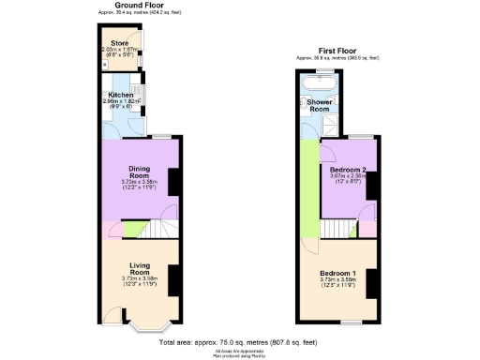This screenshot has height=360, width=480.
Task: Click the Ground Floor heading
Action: pos(136,5)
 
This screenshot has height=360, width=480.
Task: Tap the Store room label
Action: pos(119,43)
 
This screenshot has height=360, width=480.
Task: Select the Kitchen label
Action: pos(121,95)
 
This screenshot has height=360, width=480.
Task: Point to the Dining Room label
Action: pos(139,172)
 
